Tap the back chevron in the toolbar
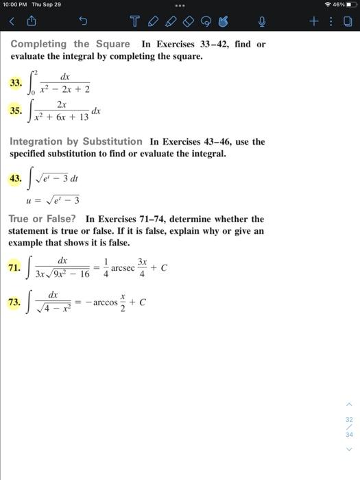point(12,22)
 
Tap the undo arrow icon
point(83,22)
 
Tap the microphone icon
point(261,22)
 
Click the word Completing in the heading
point(38,44)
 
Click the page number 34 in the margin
point(349,435)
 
